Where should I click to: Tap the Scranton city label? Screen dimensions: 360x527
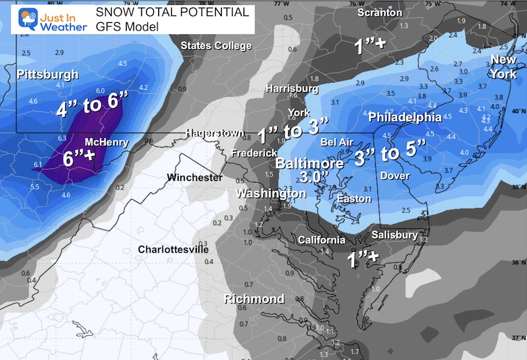pyautogui.click(x=379, y=12)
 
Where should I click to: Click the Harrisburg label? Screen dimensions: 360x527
pyautogui.click(x=293, y=89)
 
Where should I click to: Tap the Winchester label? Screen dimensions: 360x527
pyautogui.click(x=195, y=178)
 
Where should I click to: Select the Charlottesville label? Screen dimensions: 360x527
pyautogui.click(x=173, y=249)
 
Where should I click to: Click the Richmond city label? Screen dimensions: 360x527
pyautogui.click(x=254, y=299)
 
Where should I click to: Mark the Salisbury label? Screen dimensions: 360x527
pyautogui.click(x=395, y=235)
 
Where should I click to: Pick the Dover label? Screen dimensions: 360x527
pyautogui.click(x=395, y=176)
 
